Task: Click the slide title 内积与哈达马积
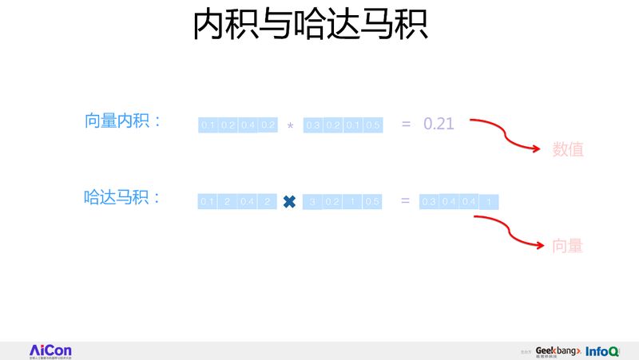point(311,26)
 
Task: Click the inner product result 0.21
point(439,124)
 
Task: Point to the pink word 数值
point(568,149)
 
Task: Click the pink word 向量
point(568,246)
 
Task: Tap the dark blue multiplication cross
point(289,203)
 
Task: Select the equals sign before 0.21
point(406,124)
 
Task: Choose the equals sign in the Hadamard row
point(405,201)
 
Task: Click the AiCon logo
point(51,350)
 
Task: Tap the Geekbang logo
point(558,351)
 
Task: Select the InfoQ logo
point(602,351)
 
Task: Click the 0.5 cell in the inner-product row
point(372,125)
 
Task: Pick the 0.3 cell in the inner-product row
point(313,125)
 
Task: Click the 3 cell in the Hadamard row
point(313,202)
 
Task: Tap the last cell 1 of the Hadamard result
point(489,203)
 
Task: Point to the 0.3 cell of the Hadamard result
point(429,202)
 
